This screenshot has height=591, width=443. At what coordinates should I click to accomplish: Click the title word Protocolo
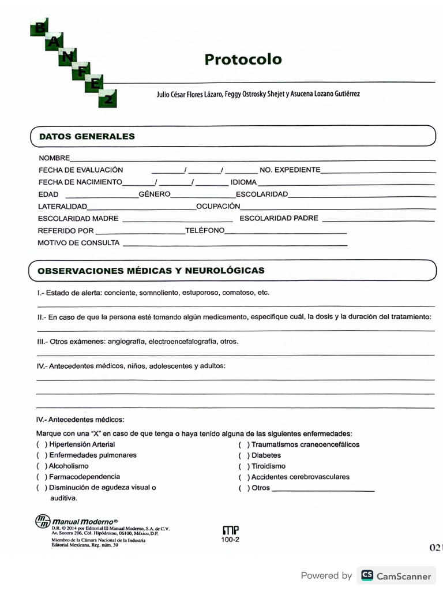[x=243, y=59]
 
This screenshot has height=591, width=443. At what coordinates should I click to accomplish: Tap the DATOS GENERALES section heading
[x=87, y=137]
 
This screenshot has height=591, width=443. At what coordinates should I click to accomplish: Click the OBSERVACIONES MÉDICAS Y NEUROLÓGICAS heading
[x=151, y=270]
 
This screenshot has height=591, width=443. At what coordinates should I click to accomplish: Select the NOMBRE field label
[x=54, y=158]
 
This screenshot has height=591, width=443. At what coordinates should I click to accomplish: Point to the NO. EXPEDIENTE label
[x=290, y=170]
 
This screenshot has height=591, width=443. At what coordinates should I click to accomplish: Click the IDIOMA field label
[x=243, y=182]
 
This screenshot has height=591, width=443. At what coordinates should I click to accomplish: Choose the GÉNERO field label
[x=154, y=194]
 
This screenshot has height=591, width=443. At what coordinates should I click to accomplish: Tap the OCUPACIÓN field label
[x=218, y=206]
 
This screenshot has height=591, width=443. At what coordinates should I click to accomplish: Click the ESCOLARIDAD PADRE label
[x=279, y=219]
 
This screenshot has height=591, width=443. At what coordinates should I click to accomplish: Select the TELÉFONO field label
[x=205, y=231]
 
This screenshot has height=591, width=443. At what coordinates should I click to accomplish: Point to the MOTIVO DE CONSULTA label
[x=78, y=243]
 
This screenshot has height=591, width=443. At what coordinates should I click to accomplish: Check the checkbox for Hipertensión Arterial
[x=42, y=445]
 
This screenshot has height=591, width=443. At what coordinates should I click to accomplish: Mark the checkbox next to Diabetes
[x=244, y=455]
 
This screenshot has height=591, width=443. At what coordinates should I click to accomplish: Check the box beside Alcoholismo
[x=42, y=466]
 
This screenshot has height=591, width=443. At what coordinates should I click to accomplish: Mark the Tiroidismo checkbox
[x=244, y=466]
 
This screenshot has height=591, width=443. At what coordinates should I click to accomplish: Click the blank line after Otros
[x=323, y=489]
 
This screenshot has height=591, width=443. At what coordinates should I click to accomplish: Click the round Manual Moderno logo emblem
[x=43, y=521]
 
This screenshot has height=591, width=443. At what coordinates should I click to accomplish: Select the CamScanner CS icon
[x=367, y=575]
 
